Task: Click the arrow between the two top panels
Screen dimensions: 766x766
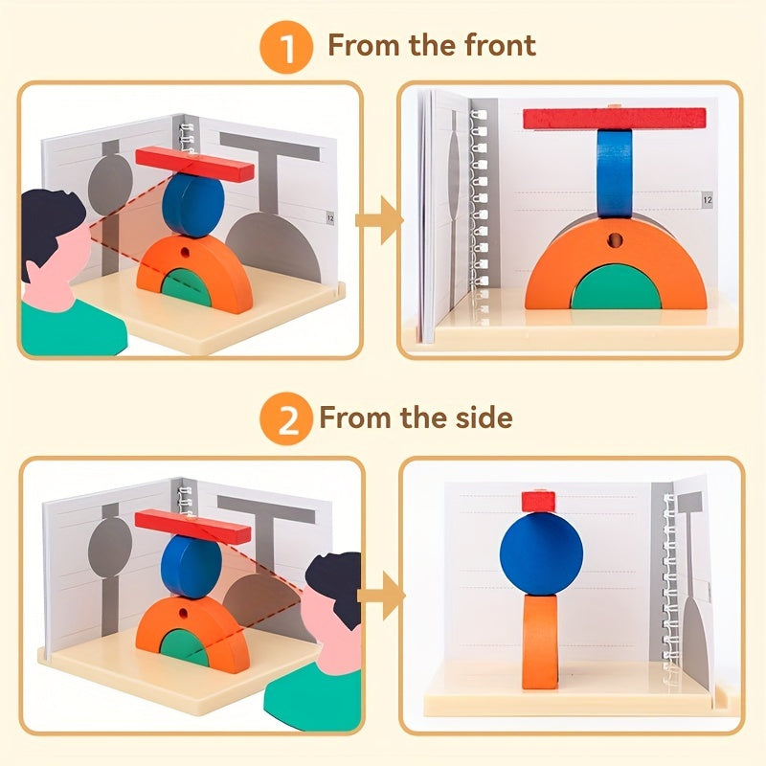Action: point(378,222)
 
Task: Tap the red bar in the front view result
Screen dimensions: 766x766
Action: point(614,119)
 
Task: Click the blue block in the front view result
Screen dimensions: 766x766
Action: point(614,172)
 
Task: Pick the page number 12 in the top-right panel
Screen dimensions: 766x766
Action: point(708,200)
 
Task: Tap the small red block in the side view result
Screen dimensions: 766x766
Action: point(538,501)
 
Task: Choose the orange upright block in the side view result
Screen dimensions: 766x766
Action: point(540,639)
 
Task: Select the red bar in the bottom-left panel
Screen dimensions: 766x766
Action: point(192,527)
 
